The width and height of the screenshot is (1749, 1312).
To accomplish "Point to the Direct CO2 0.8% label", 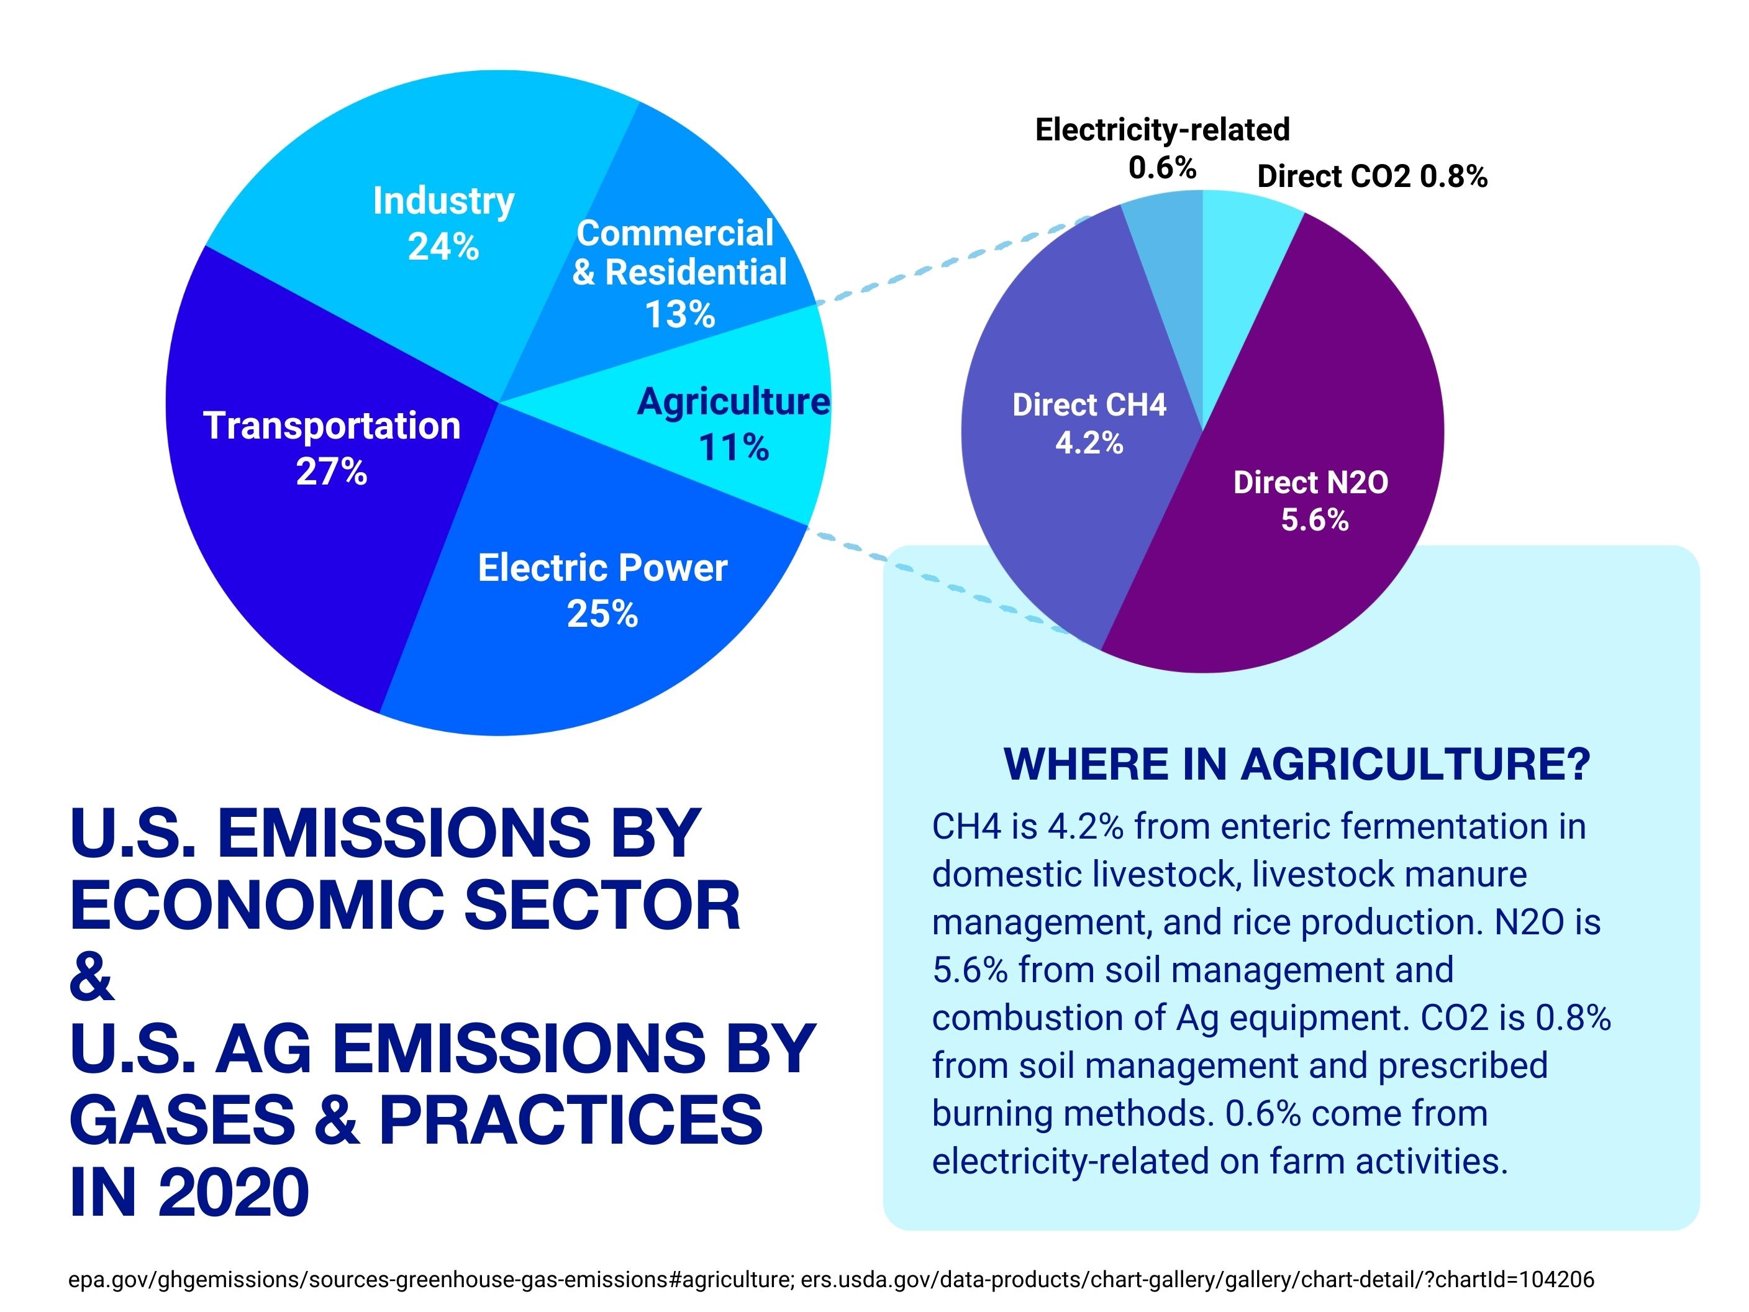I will click(1372, 176).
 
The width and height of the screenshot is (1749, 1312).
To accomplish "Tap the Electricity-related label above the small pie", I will click(1161, 130).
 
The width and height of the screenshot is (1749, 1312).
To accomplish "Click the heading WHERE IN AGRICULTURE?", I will click(1296, 765).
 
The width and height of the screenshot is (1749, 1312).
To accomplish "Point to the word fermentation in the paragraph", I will click(1392, 826).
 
